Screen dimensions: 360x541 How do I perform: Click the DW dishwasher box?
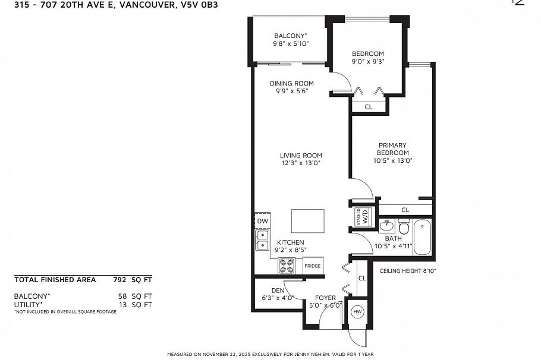pyautogui.click(x=262, y=222)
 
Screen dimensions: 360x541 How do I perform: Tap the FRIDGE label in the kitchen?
pyautogui.click(x=313, y=266)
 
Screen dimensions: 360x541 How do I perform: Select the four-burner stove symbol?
pyautogui.click(x=287, y=266)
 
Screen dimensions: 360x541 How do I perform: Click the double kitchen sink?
pyautogui.click(x=262, y=239)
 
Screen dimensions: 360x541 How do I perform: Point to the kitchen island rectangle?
pyautogui.click(x=307, y=221)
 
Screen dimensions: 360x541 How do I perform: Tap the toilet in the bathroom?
pyautogui.click(x=404, y=227)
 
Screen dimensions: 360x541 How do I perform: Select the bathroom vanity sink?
pyautogui.click(x=386, y=226)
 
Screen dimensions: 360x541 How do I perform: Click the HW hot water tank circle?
pyautogui.click(x=357, y=311)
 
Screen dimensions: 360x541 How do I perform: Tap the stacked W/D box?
pyautogui.click(x=362, y=215)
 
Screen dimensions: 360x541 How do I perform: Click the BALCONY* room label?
pyautogui.click(x=290, y=36)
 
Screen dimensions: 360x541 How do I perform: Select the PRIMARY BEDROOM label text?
pyautogui.click(x=392, y=149)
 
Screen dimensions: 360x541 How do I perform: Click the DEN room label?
pyautogui.click(x=278, y=290)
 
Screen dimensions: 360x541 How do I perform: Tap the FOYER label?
pyautogui.click(x=325, y=298)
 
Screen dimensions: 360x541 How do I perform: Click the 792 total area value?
pyautogui.click(x=120, y=279)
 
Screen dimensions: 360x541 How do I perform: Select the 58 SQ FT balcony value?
pyautogui.click(x=134, y=295)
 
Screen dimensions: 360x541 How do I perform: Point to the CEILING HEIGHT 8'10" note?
pyautogui.click(x=408, y=271)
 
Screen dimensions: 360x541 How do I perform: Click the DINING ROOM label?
pyautogui.click(x=291, y=84)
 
